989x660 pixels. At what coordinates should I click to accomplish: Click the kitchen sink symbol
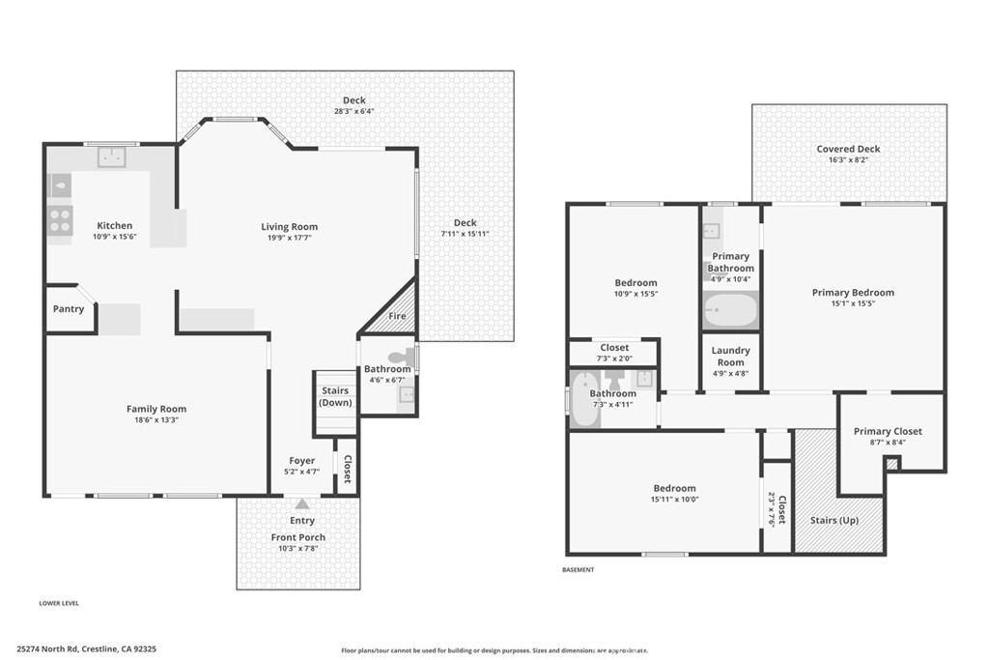[112, 157]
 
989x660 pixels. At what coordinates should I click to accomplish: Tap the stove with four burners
[60, 220]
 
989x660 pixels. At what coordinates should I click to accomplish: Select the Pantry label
[69, 308]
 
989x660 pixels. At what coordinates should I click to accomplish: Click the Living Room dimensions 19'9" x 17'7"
[289, 238]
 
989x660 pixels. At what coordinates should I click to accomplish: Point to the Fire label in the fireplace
[397, 316]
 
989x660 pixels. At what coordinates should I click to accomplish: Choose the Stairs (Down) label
[335, 397]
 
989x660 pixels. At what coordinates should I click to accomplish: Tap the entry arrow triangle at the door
[302, 503]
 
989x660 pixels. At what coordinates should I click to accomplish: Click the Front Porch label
[298, 537]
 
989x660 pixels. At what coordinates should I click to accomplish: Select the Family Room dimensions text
[156, 419]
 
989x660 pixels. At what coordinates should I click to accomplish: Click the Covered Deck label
[848, 149]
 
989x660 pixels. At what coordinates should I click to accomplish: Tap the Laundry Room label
[730, 357]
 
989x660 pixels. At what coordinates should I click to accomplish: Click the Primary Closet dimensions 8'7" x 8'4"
[889, 443]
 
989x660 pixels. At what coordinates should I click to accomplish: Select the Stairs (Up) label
[834, 521]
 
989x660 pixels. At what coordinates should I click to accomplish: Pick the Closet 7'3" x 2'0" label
[614, 353]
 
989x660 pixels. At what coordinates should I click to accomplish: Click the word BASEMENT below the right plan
[579, 570]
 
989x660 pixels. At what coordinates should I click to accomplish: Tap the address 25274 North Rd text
[48, 648]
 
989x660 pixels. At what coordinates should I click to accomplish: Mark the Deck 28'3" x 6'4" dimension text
[354, 111]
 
